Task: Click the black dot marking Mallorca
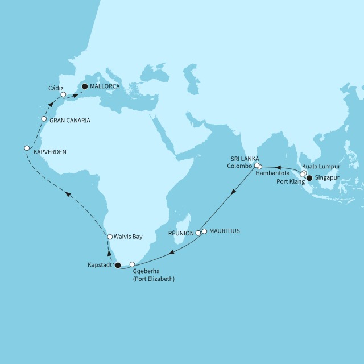tap(85, 86)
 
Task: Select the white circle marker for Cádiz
tap(64, 95)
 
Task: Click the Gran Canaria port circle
tap(44, 119)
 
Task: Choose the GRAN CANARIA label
tap(69, 120)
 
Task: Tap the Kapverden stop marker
tap(27, 148)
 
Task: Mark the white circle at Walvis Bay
tap(110, 237)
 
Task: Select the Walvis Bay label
tap(128, 236)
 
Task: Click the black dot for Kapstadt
tap(118, 265)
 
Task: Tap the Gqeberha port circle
tap(133, 264)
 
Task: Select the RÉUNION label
tap(181, 234)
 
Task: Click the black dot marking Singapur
tap(309, 179)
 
